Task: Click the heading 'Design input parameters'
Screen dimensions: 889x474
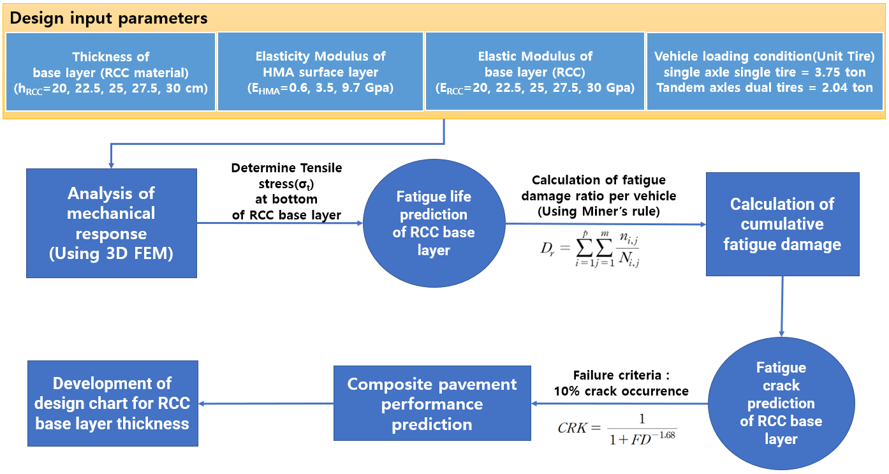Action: (x=108, y=19)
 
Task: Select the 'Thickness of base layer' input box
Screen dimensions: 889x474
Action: (x=111, y=71)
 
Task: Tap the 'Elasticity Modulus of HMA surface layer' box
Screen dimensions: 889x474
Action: (x=320, y=71)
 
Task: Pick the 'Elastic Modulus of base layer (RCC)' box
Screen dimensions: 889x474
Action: (x=534, y=71)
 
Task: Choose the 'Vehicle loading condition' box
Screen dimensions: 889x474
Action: (x=765, y=71)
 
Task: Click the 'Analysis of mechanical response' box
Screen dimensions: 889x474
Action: (x=112, y=223)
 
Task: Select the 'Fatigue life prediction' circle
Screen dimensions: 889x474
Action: (x=434, y=223)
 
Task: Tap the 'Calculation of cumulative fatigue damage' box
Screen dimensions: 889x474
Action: (x=782, y=224)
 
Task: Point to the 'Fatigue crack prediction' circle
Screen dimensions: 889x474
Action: (x=781, y=403)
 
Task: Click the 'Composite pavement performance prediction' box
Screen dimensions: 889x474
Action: (x=432, y=403)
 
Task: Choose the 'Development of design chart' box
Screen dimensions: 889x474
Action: (x=113, y=403)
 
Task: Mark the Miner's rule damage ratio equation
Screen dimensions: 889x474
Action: (x=590, y=249)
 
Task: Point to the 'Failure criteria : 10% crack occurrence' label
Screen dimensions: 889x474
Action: (x=621, y=383)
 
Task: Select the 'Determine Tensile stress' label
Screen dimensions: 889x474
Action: (x=286, y=191)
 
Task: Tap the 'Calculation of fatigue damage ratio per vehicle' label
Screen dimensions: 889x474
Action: (x=599, y=196)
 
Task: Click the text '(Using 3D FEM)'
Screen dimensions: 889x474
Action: (x=111, y=254)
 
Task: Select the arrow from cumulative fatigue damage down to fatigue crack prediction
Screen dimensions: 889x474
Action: (x=782, y=306)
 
